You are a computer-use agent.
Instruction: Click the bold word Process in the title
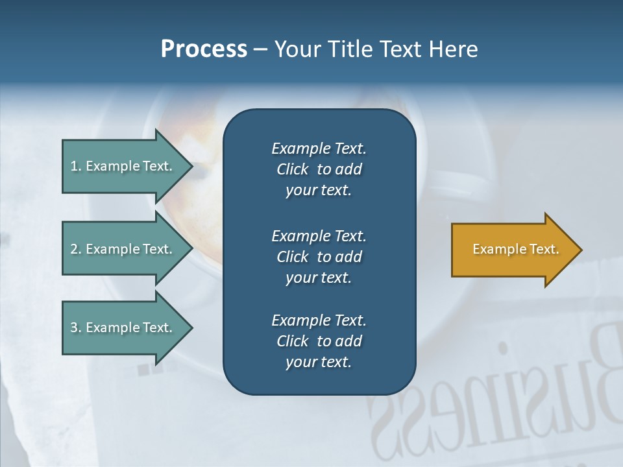[x=204, y=49]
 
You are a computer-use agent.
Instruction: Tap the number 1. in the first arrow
[x=76, y=167]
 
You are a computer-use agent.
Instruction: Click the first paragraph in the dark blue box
[x=319, y=169]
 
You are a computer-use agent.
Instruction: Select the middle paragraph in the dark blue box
[x=319, y=256]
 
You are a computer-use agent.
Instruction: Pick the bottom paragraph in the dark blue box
[x=319, y=341]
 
